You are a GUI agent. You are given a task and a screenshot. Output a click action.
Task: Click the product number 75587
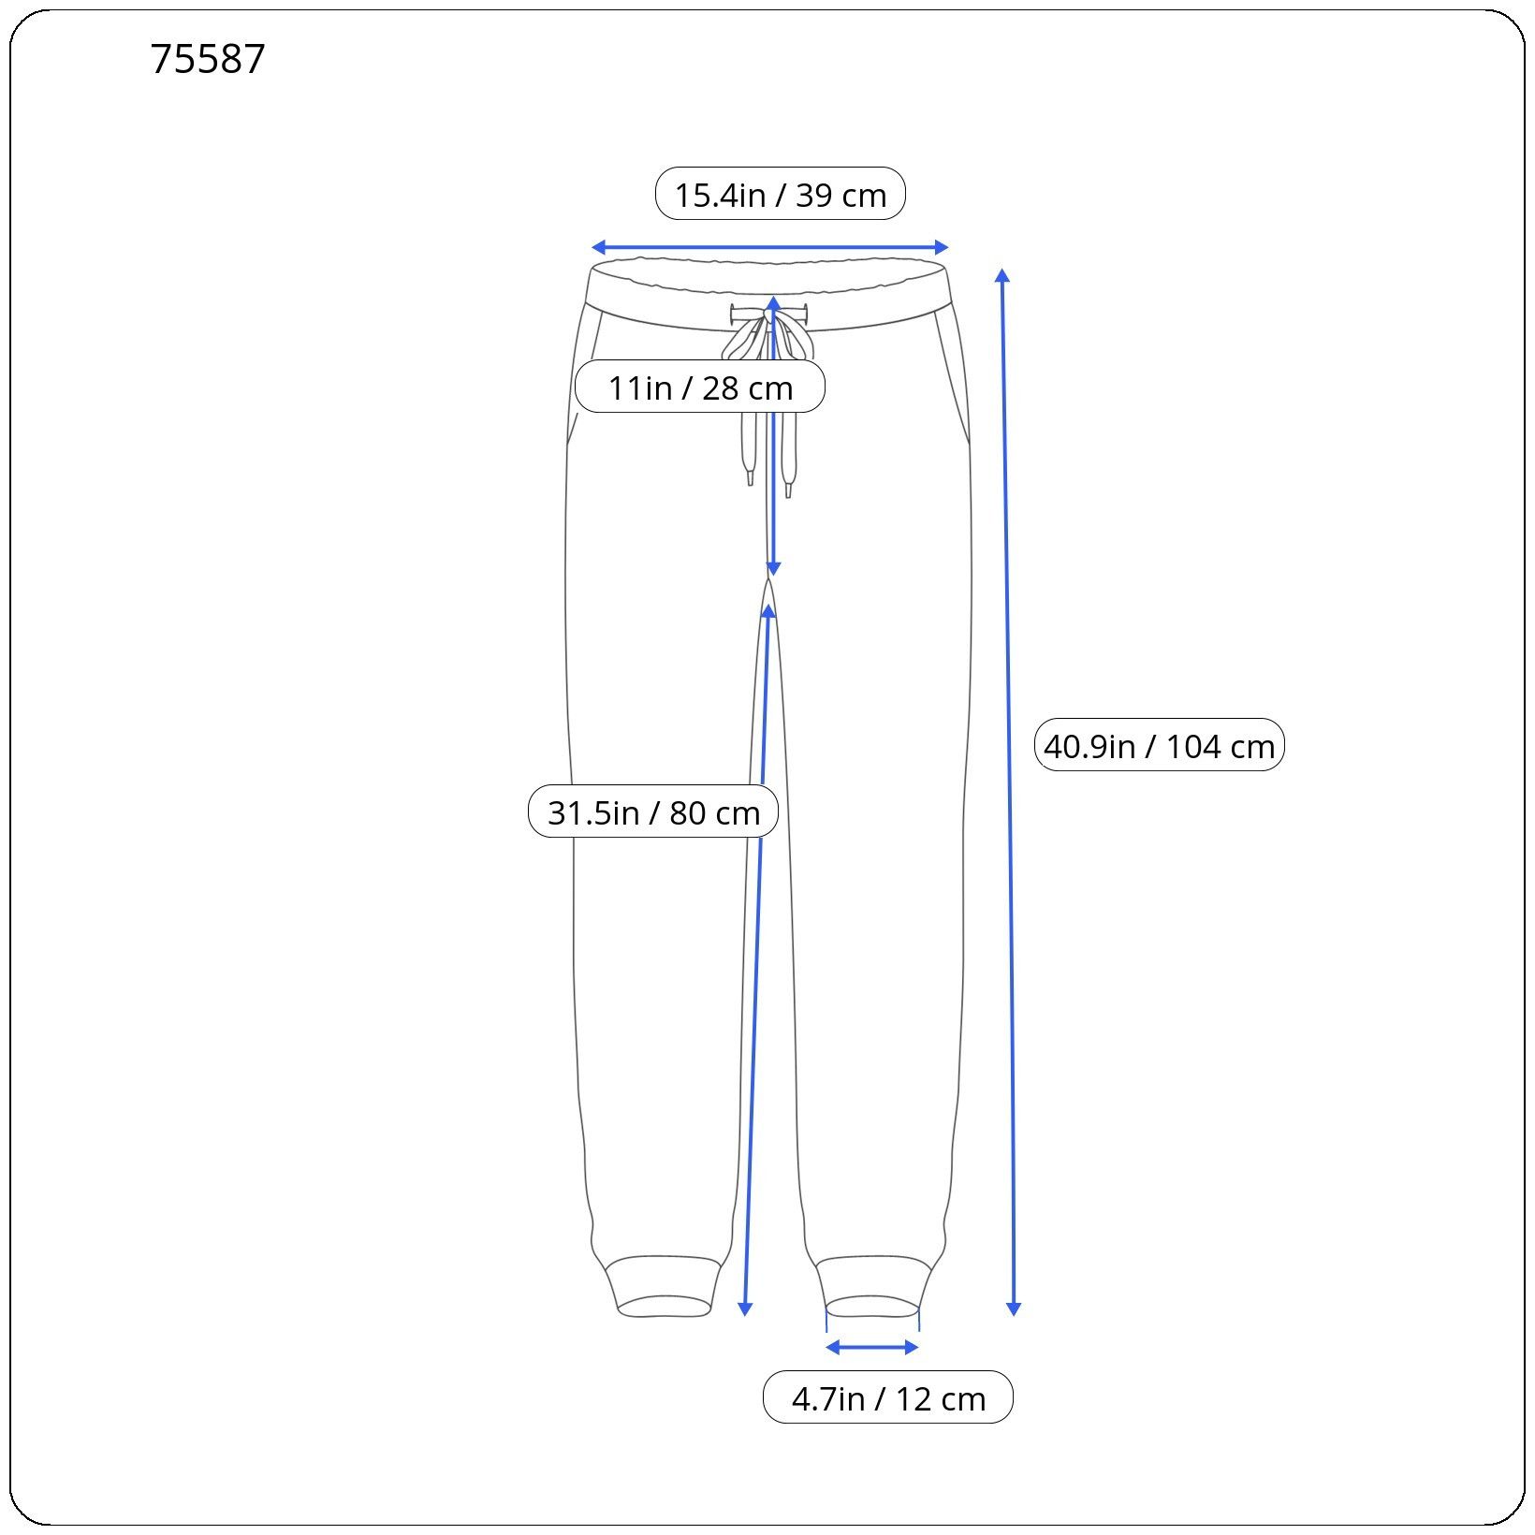(208, 59)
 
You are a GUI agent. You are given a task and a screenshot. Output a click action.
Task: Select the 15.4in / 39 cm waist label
(781, 194)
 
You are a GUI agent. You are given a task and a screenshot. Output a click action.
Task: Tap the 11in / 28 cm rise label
(700, 387)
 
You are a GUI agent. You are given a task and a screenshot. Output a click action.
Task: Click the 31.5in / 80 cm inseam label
(653, 811)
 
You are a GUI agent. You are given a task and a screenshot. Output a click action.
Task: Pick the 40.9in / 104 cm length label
(1159, 745)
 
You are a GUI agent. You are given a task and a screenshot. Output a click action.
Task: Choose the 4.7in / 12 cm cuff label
(888, 1397)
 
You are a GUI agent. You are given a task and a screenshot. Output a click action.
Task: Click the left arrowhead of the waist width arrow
(598, 247)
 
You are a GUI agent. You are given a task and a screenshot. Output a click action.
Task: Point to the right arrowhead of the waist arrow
(942, 247)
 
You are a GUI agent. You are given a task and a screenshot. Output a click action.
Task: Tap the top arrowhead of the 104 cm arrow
(1002, 275)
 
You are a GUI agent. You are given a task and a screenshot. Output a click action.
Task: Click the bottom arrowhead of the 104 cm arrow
(1013, 1309)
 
